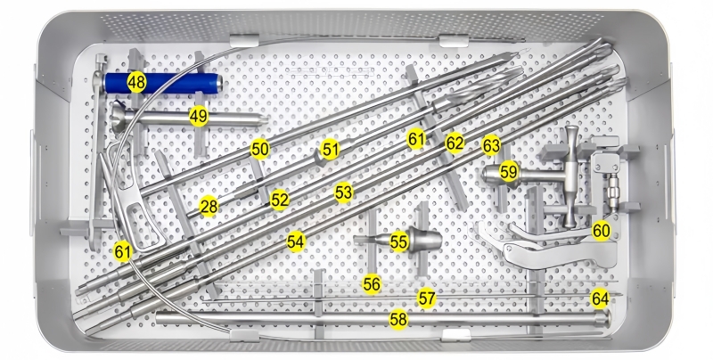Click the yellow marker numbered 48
pos(136,82)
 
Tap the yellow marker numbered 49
pos(199,117)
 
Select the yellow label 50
pos(259,149)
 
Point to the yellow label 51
pos(330,149)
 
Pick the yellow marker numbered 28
pos(209,208)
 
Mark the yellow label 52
pos(280,200)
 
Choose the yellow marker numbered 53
pos(344,192)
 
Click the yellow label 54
pos(296,241)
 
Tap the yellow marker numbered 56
pos(372,284)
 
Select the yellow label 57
pos(427,299)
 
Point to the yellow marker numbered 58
pos(398,320)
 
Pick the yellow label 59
pos(508,172)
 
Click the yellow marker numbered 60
pos(601,231)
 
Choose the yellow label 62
pos(455,143)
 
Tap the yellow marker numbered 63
pos(491,145)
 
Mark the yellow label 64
pos(600,299)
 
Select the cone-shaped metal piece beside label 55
pos(425,240)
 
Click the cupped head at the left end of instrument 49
pos(119,117)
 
